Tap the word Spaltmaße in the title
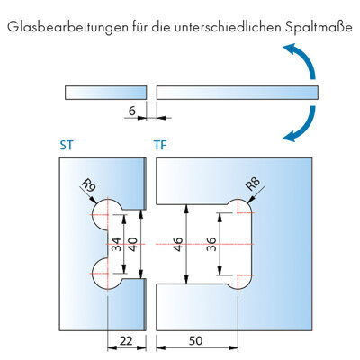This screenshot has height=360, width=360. click(318, 27)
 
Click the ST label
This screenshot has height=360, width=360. click(67, 146)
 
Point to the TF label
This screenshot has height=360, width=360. click(160, 146)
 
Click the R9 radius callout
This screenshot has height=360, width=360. click(88, 186)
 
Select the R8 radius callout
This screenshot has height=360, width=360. click(253, 184)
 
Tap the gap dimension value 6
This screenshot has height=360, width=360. click(132, 111)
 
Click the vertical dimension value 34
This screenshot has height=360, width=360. click(116, 244)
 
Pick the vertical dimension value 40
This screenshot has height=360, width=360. click(132, 244)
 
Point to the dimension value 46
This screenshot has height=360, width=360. click(178, 244)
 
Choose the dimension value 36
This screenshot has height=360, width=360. click(211, 244)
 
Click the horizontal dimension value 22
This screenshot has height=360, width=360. click(126, 341)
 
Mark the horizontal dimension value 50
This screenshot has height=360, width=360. click(196, 341)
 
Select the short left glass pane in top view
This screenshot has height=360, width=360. click(105, 93)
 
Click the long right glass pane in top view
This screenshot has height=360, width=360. click(237, 93)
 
